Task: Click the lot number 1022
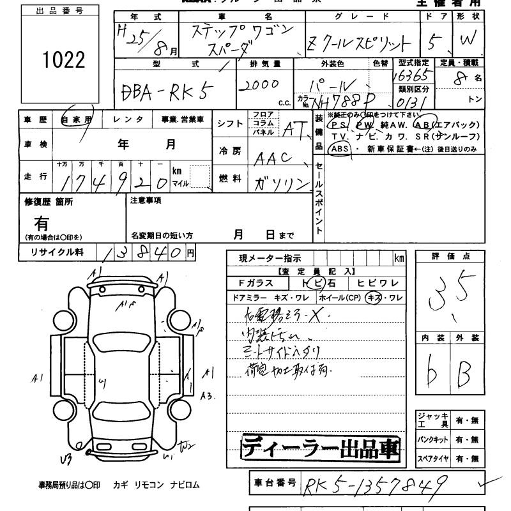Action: coord(64,61)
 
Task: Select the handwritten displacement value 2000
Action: coord(259,85)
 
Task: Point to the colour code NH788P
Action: coord(336,101)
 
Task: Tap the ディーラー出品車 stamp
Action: coord(320,448)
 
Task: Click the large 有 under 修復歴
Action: coord(42,224)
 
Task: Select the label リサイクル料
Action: coord(57,252)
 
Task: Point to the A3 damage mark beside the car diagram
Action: coord(206,396)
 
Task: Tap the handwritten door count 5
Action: coord(436,43)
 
